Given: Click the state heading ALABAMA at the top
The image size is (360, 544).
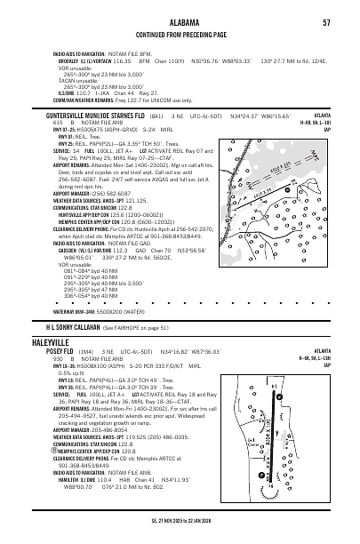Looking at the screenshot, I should pyautogui.click(x=180, y=21).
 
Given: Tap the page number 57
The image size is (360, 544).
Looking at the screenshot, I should pyautogui.click(x=327, y=21).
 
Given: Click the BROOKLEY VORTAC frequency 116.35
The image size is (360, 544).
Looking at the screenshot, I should pyautogui.click(x=111, y=63).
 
